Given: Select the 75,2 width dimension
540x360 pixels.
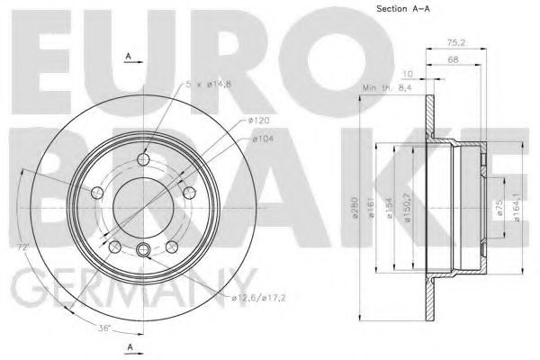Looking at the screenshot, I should tap(457, 41).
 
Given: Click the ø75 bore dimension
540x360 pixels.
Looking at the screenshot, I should tap(497, 209).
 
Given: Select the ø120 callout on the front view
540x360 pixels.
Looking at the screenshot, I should tap(260, 120).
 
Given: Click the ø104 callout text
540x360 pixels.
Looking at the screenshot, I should tap(263, 139).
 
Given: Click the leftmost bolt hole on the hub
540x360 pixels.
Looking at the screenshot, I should tap(97, 192).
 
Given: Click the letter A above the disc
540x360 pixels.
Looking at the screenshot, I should tap(129, 57).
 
